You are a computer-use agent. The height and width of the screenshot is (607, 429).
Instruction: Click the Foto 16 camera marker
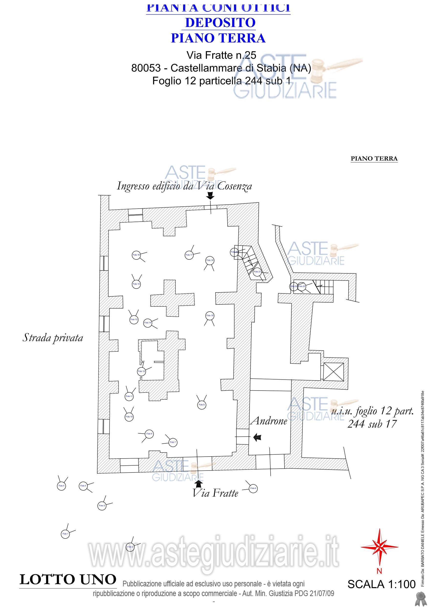(x=136, y=255)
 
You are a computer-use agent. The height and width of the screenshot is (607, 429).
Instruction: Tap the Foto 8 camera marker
(x=202, y=405)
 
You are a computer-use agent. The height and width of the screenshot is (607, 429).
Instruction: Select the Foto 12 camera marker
(x=142, y=371)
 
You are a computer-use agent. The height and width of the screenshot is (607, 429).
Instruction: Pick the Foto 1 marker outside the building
(x=65, y=534)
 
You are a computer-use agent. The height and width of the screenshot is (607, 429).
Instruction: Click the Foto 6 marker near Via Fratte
(x=253, y=488)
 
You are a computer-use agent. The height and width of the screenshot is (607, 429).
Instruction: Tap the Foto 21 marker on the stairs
(x=257, y=272)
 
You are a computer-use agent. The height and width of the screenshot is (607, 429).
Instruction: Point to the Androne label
(x=269, y=421)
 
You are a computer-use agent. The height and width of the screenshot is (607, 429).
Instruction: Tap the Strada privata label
(x=53, y=338)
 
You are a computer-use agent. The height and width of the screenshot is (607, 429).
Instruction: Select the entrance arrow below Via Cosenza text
(x=210, y=196)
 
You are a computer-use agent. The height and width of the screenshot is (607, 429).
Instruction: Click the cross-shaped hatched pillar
(x=172, y=298)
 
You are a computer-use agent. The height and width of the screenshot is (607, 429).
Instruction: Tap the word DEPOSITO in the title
(x=220, y=23)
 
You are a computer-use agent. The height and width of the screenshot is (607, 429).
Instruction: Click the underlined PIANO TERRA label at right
(x=374, y=159)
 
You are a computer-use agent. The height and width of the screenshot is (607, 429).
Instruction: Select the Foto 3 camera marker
(x=102, y=506)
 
